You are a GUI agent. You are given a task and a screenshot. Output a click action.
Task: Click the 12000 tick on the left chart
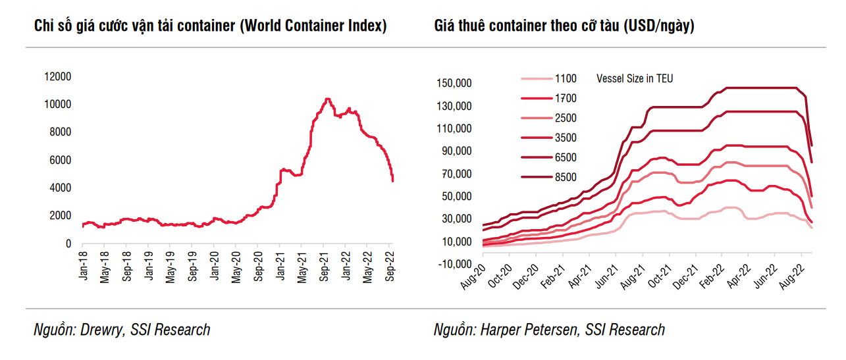pos(57,77)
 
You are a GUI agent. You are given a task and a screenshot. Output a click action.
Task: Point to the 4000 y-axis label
pos(59,188)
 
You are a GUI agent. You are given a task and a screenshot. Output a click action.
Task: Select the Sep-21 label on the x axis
pos(324,267)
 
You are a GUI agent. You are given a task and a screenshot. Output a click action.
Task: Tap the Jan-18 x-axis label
pos(83,267)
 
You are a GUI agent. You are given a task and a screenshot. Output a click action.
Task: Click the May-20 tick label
pos(236,267)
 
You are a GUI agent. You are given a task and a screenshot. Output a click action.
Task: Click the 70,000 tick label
pos(455,174)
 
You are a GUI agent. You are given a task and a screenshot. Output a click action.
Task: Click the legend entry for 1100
pos(566,79)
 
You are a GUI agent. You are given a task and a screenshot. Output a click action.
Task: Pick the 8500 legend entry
pos(566,177)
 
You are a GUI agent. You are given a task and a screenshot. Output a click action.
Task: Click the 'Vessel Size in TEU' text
pos(635,79)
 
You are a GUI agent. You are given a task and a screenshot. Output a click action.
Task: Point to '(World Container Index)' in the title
pos(313,26)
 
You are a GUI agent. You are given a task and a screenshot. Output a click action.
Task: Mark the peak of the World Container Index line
pos(327,99)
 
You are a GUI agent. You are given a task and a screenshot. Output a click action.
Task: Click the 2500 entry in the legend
pos(566,118)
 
